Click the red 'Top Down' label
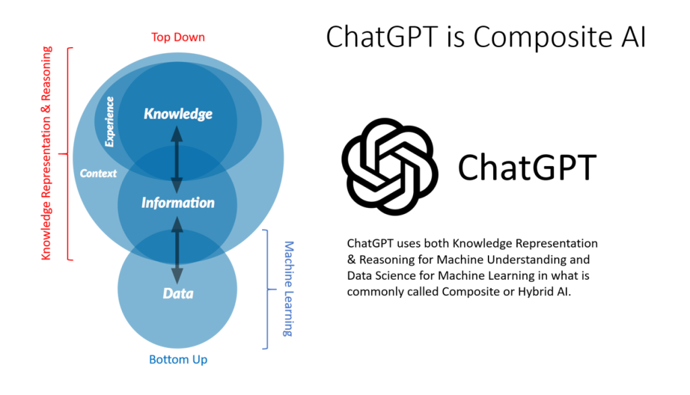[178, 38]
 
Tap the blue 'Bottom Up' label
[178, 359]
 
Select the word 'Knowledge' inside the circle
[178, 114]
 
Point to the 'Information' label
[178, 203]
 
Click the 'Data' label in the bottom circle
[178, 293]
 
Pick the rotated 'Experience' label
[109, 122]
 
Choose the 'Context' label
[98, 173]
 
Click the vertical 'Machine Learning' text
[288, 289]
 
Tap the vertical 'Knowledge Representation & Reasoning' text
[46, 153]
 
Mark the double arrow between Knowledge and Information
[177, 160]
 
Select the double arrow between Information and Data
[177, 250]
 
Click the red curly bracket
[68, 154]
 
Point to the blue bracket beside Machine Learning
[267, 289]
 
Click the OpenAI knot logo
[390, 166]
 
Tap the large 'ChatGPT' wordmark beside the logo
[527, 168]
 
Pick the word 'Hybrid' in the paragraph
[536, 292]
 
